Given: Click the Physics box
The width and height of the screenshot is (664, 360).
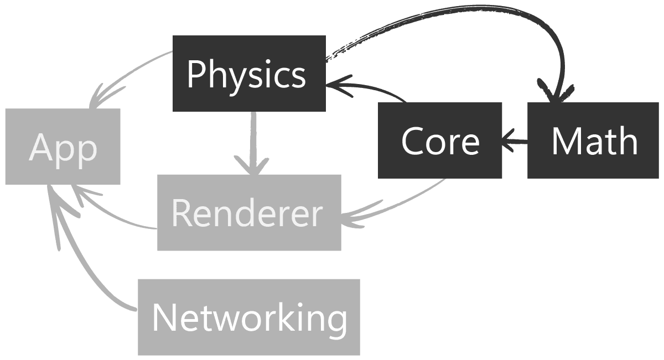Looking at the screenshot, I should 249,74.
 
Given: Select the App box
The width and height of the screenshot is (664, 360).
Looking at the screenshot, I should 63,147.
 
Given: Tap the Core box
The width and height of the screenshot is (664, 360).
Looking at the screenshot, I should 440,140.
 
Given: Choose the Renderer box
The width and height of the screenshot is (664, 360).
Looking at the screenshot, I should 249,213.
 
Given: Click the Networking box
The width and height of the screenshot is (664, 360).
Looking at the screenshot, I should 249,317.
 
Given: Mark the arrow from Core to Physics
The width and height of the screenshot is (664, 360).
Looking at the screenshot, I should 371,88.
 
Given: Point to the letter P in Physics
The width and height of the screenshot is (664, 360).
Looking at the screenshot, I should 195,74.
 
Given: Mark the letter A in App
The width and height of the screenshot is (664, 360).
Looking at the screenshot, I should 40,147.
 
